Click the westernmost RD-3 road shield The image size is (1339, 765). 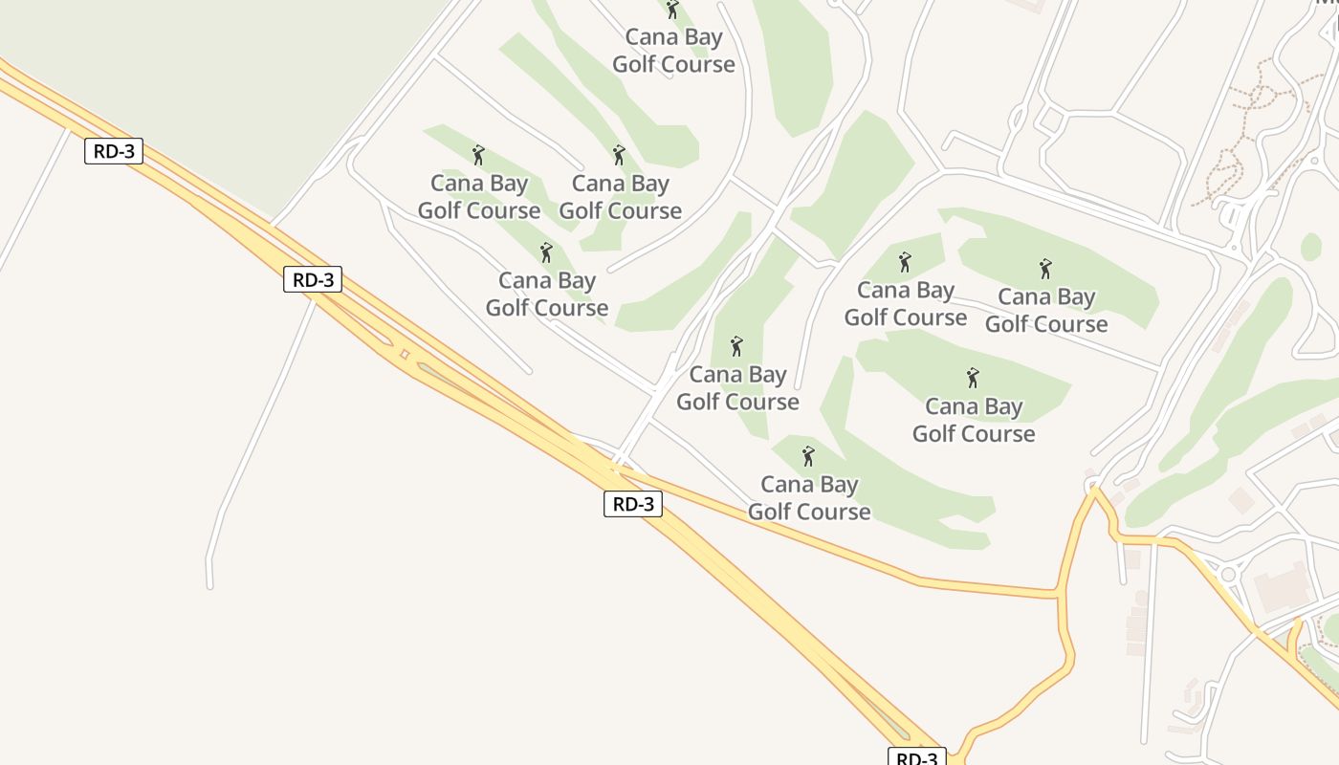pos(114,150)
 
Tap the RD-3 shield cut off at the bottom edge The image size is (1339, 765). pos(917,756)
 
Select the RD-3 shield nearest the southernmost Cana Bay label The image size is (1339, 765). pos(633,504)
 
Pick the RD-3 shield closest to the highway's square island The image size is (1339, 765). pos(313,279)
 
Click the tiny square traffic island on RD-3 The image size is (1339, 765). pos(405,355)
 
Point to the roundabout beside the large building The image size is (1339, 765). pos(1227,575)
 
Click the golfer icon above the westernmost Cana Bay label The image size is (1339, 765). pos(478,154)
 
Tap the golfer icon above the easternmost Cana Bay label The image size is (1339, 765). pos(1045,269)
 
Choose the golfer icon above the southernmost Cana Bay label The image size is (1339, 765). pos(808,456)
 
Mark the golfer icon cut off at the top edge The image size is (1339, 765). pos(672,9)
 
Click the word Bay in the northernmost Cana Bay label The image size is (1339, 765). pos(703,37)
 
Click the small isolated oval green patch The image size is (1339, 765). pos(1311,246)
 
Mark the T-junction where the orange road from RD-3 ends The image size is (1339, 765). pos(1060,594)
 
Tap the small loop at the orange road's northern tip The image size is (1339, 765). pos(1091,486)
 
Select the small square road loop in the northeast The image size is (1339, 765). pos(1050,120)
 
